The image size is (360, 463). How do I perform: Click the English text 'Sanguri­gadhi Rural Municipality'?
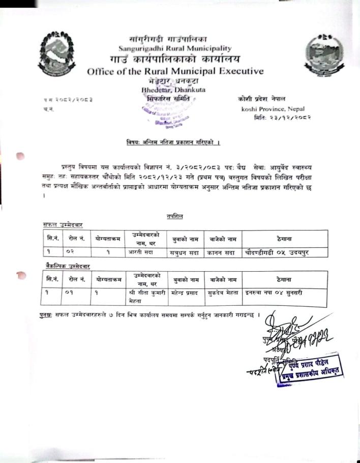coord(175,49)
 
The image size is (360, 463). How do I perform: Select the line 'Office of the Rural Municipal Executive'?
coord(175,71)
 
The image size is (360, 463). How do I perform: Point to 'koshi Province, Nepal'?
coord(273,109)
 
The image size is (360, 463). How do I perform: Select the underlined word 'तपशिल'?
coord(175,217)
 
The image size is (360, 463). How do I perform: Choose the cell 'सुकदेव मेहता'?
coord(223,293)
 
